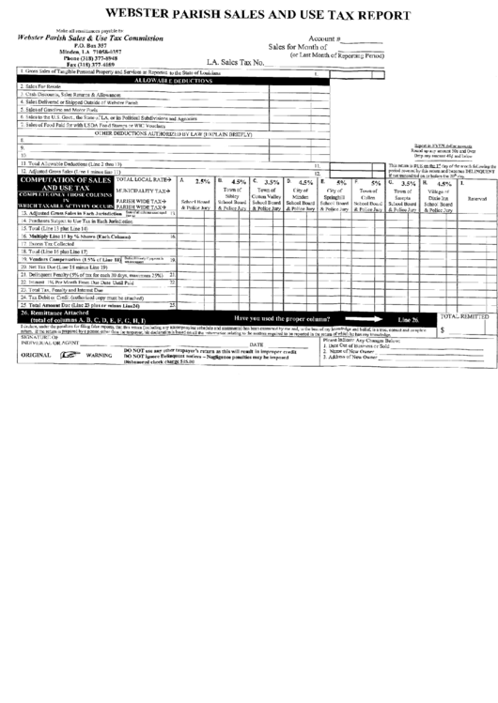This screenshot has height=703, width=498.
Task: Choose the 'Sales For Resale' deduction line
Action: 42,87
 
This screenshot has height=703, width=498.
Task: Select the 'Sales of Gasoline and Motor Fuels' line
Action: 66,111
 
